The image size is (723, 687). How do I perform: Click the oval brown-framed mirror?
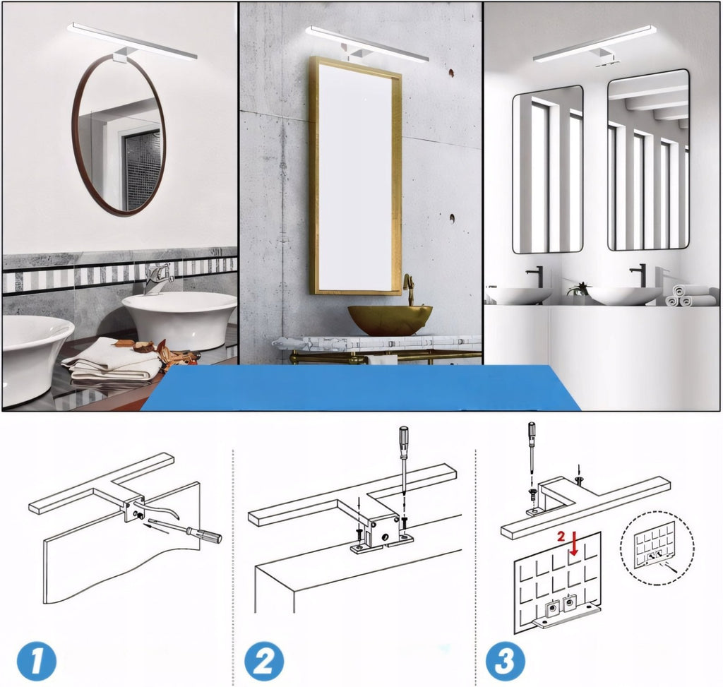[73, 138]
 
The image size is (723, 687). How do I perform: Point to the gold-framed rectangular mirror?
[313, 175]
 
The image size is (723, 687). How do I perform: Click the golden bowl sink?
[390, 320]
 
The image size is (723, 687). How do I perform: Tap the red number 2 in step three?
[561, 536]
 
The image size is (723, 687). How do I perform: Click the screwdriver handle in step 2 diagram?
[404, 442]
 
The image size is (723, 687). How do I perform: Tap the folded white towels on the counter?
[111, 359]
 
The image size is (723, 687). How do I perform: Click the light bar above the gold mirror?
[366, 43]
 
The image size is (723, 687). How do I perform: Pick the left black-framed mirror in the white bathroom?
[548, 169]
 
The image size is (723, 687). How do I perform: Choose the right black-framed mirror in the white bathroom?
[648, 160]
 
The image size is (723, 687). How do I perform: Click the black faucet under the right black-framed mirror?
[639, 276]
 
